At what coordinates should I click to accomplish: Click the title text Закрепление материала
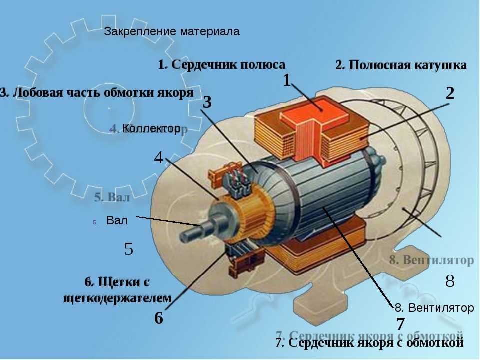(172, 32)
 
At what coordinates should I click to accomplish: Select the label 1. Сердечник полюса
(221, 65)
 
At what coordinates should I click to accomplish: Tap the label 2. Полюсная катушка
(401, 65)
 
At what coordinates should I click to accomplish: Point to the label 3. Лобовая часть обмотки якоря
(97, 93)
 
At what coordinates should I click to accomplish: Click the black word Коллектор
(151, 129)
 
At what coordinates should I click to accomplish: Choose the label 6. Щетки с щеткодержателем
(118, 290)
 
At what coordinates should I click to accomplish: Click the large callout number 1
(287, 80)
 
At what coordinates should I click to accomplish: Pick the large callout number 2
(450, 93)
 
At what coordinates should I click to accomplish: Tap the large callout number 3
(208, 103)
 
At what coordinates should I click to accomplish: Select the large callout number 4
(158, 158)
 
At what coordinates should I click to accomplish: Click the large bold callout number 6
(158, 318)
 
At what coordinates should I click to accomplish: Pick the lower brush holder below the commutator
(245, 260)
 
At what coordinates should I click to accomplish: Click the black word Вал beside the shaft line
(117, 220)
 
